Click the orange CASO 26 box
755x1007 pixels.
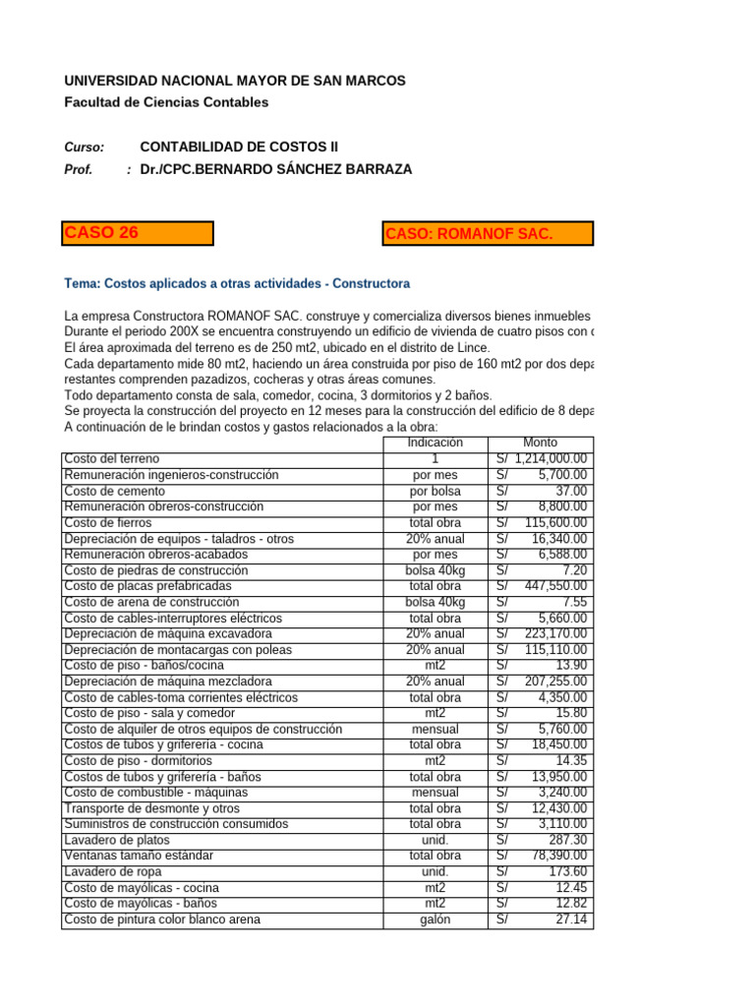pos(137,233)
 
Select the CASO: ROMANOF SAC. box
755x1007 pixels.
pos(488,234)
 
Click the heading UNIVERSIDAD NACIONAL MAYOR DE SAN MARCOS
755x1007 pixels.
pos(234,81)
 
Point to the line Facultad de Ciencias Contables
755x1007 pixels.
pos(165,102)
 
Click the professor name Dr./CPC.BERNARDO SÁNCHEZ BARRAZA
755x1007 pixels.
pos(276,169)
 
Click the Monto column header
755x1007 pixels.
pos(541,444)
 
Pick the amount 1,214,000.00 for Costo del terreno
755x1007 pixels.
pos(551,459)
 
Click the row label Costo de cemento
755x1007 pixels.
pos(114,491)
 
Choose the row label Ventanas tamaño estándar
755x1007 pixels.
pos(139,856)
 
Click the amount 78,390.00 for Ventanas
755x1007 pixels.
pos(558,856)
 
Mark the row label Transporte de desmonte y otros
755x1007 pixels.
pos(151,808)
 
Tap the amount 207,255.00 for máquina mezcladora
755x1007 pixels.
pos(554,681)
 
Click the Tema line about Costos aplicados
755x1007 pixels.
pos(237,284)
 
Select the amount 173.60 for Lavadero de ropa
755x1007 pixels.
pos(567,872)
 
